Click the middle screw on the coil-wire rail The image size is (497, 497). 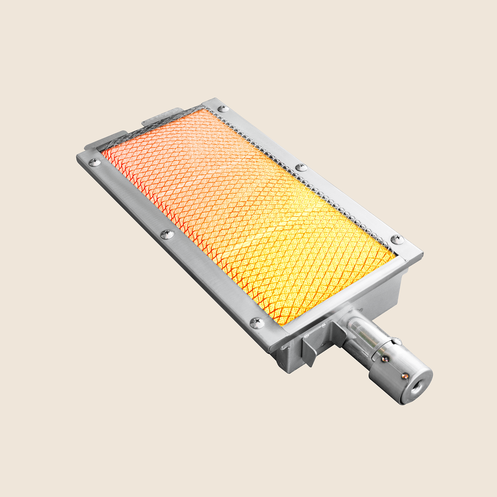(301, 167)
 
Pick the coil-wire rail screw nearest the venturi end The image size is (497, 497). (397, 239)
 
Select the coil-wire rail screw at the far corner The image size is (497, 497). (223, 108)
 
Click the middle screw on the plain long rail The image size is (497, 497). (167, 234)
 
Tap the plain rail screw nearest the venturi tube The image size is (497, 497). (257, 323)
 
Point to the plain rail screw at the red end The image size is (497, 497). (95, 162)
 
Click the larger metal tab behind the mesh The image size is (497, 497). (160, 116)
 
